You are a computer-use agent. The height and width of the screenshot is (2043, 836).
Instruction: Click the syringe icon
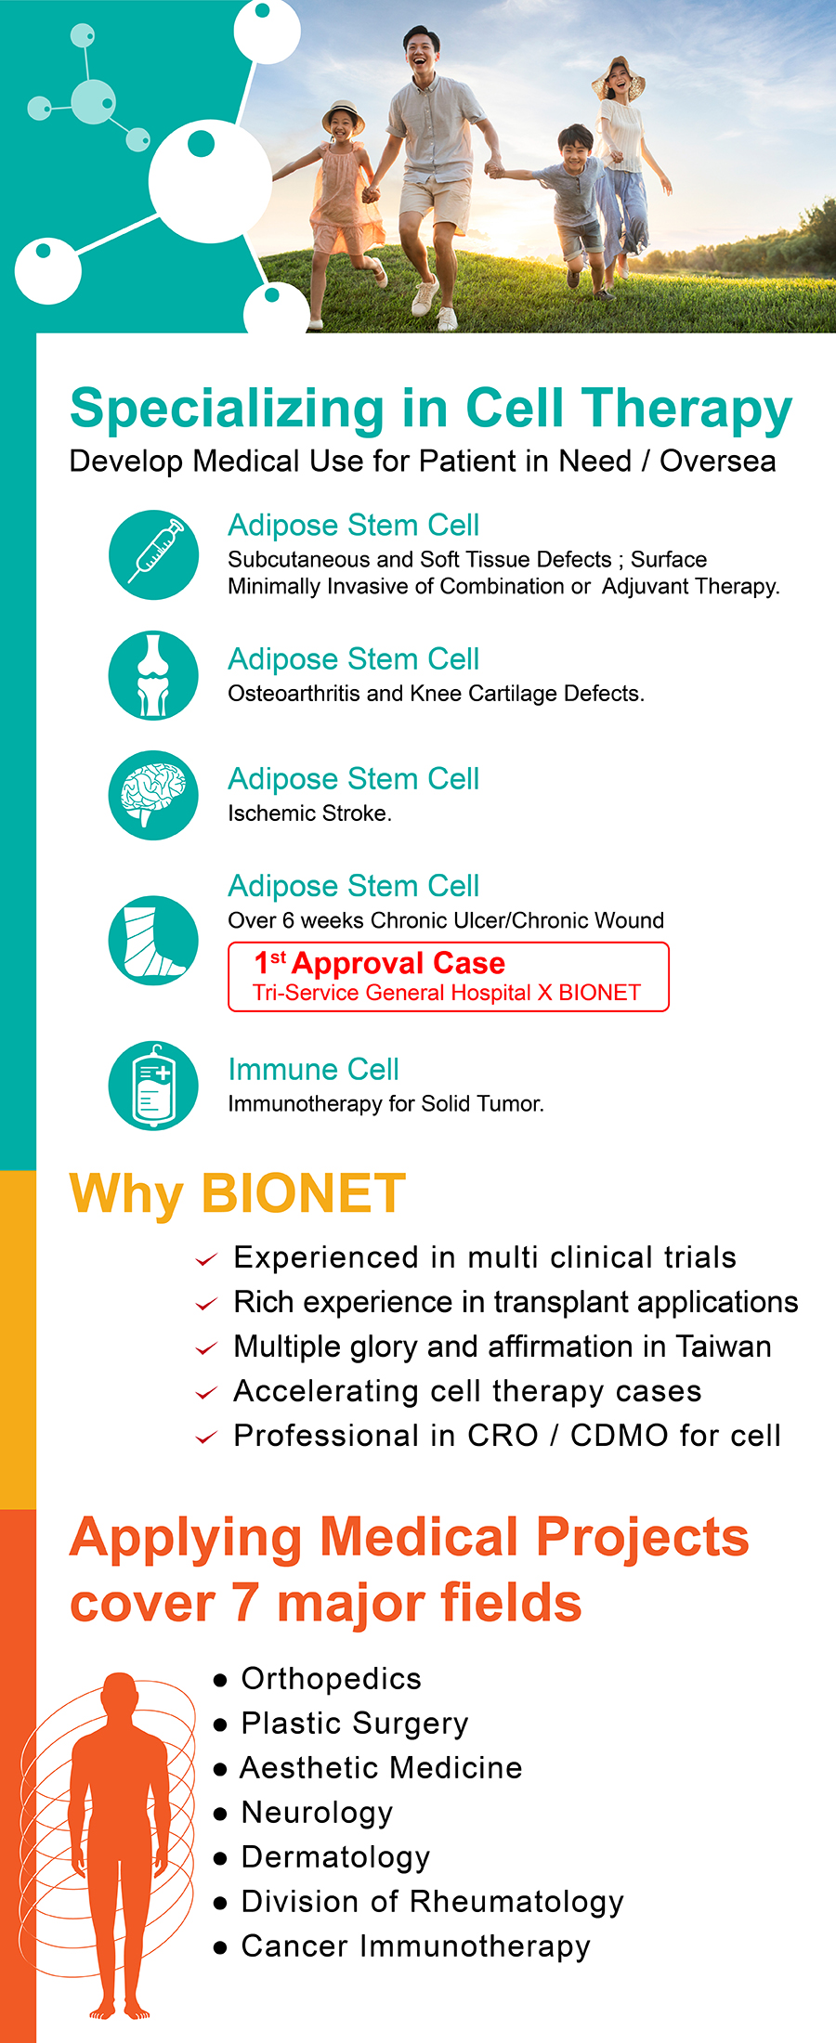[153, 554]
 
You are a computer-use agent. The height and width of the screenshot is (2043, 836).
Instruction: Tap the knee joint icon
[153, 675]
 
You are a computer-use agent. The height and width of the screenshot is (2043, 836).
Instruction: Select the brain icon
[153, 795]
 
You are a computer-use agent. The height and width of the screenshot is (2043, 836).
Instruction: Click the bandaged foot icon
[153, 940]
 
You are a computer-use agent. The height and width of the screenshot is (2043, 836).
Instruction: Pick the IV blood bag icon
[153, 1086]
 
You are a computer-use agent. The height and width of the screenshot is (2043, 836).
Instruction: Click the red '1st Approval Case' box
[449, 977]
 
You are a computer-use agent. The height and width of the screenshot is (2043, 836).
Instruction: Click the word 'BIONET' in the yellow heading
[304, 1193]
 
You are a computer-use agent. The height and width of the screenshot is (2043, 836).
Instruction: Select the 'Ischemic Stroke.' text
[310, 813]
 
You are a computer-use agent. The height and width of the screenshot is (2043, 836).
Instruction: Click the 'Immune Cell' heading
[314, 1070]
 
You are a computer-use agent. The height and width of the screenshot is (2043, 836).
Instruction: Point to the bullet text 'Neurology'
[317, 1813]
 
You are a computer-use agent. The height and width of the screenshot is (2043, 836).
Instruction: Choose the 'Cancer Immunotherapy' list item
[415, 1946]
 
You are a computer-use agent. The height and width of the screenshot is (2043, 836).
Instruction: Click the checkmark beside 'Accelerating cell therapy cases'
[206, 1393]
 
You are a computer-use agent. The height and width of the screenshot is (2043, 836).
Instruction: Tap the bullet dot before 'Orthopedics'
[220, 1680]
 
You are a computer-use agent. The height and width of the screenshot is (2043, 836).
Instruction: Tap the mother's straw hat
[619, 76]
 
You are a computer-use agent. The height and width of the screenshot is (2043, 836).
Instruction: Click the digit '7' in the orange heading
[244, 1604]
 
